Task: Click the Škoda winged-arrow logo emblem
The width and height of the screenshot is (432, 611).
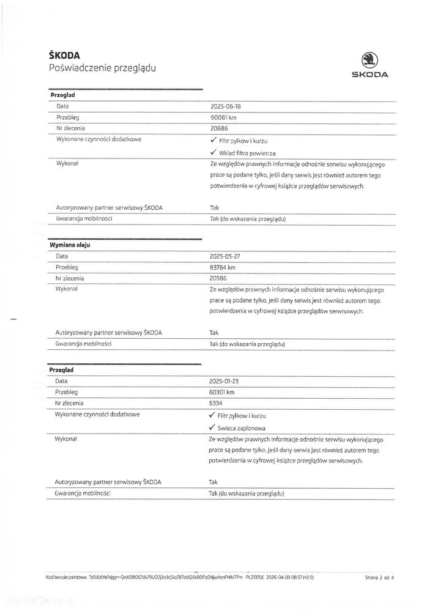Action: click(x=369, y=60)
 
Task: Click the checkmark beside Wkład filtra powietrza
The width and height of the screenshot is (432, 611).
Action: click(x=213, y=152)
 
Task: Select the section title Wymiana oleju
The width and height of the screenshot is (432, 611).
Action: click(x=70, y=245)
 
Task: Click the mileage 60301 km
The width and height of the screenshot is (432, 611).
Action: click(x=222, y=392)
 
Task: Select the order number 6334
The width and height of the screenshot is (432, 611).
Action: click(x=217, y=403)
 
